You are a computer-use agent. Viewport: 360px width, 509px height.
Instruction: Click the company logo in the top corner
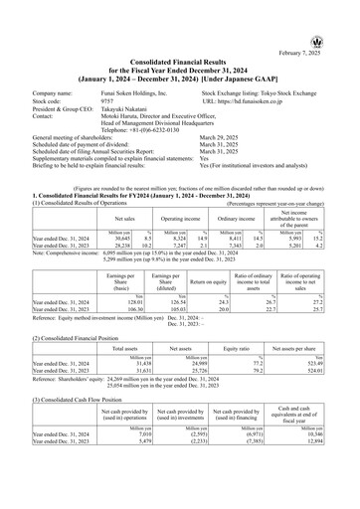345,12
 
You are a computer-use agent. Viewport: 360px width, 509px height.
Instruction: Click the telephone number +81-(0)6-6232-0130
146,129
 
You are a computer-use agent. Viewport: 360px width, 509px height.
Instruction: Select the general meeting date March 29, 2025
224,139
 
